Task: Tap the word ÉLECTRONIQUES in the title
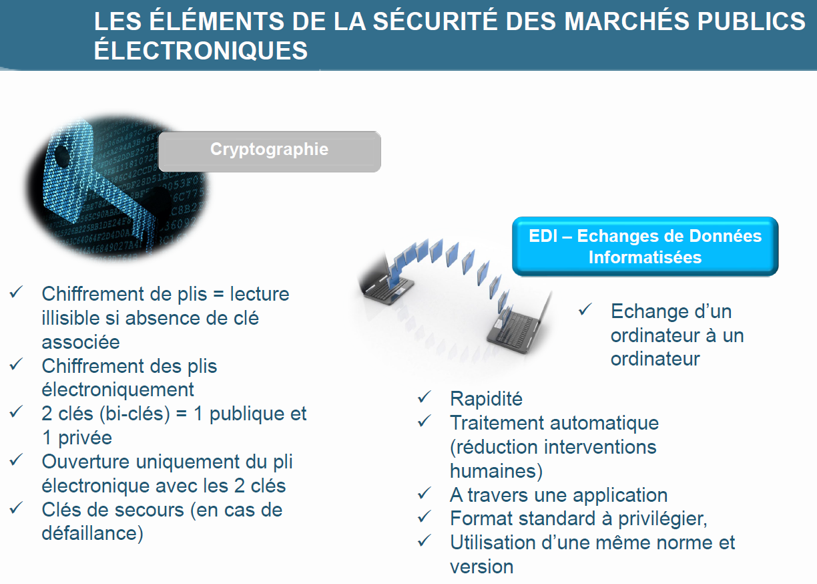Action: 201,50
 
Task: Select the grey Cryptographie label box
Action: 270,151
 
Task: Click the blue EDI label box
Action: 645,246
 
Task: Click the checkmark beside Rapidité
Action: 424,397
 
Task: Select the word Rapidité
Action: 486,398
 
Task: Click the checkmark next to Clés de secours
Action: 16,508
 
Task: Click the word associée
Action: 81,342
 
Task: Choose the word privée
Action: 85,438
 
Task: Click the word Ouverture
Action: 85,462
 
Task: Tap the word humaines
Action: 493,471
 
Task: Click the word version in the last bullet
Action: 482,567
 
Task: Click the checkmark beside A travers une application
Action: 424,493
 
